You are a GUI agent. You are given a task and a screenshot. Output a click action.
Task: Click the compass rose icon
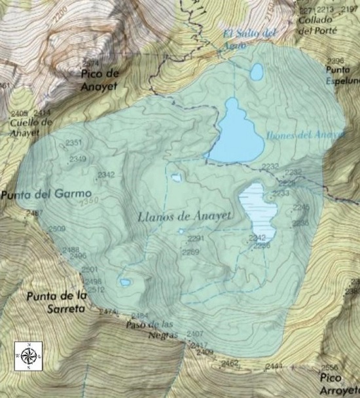coord(28,355)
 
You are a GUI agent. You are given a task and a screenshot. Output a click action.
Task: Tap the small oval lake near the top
coord(257,71)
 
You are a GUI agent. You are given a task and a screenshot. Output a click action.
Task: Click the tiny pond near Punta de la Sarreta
coord(124,282)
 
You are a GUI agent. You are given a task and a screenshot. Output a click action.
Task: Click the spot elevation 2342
coord(105,174)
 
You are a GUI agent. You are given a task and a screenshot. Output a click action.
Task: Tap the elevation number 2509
coord(56,228)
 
